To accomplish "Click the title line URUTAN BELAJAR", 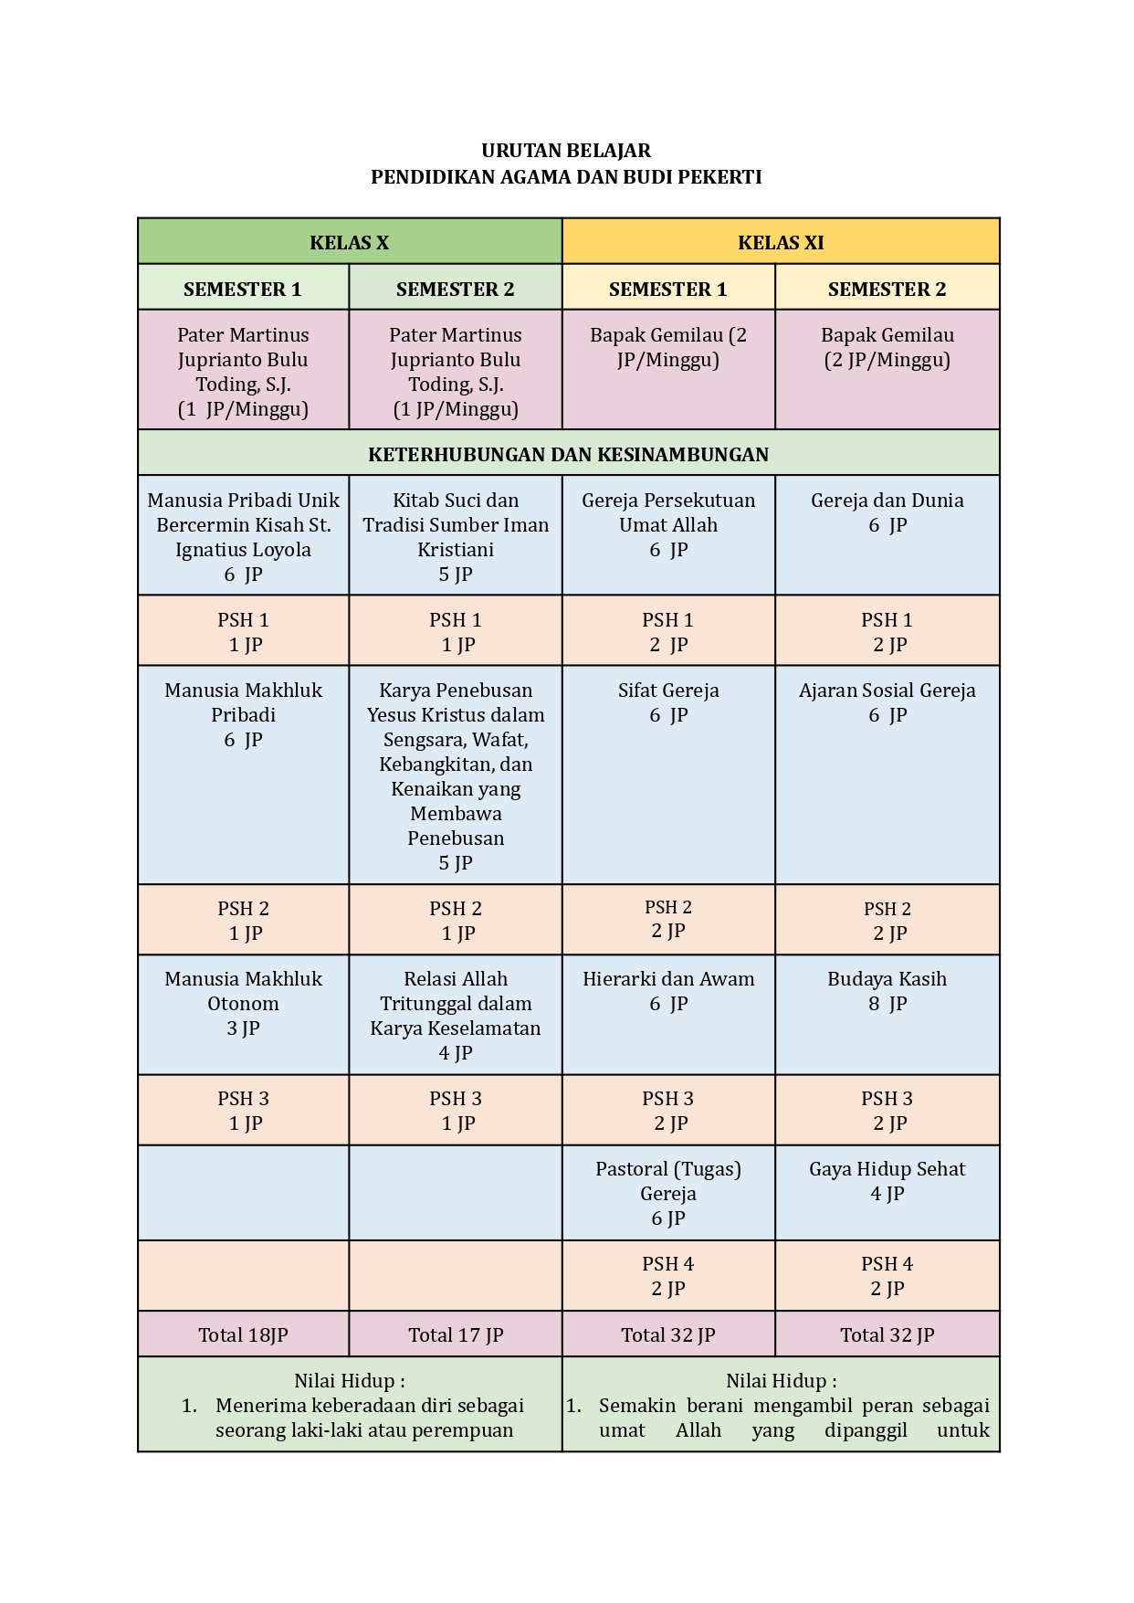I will pyautogui.click(x=566, y=151).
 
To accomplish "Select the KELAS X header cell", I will pyautogui.click(x=350, y=242).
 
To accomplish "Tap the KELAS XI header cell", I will pyautogui.click(x=781, y=242).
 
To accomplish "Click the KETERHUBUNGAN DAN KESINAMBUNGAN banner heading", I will pyautogui.click(x=568, y=454).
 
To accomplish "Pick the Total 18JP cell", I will pyautogui.click(x=243, y=1334).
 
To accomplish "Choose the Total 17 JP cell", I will pyautogui.click(x=456, y=1334).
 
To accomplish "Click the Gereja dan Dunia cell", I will pyautogui.click(x=887, y=512).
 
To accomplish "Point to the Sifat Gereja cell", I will pyautogui.click(x=668, y=702).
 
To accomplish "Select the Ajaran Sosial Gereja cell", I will pyautogui.click(x=887, y=702).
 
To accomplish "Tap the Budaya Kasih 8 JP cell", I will pyautogui.click(x=887, y=991).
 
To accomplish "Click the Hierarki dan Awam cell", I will pyautogui.click(x=668, y=991).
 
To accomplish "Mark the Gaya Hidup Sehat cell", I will pyautogui.click(x=887, y=1181).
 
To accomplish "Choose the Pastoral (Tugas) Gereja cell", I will pyautogui.click(x=668, y=1193).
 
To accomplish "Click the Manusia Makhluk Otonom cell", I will pyautogui.click(x=243, y=1003).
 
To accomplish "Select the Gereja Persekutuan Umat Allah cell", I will pyautogui.click(x=668, y=524).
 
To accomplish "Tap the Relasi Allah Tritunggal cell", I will pyautogui.click(x=456, y=1015).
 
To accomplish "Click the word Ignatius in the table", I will pyautogui.click(x=211, y=550).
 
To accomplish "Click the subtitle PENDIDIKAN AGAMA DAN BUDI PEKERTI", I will pyautogui.click(x=566, y=177).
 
